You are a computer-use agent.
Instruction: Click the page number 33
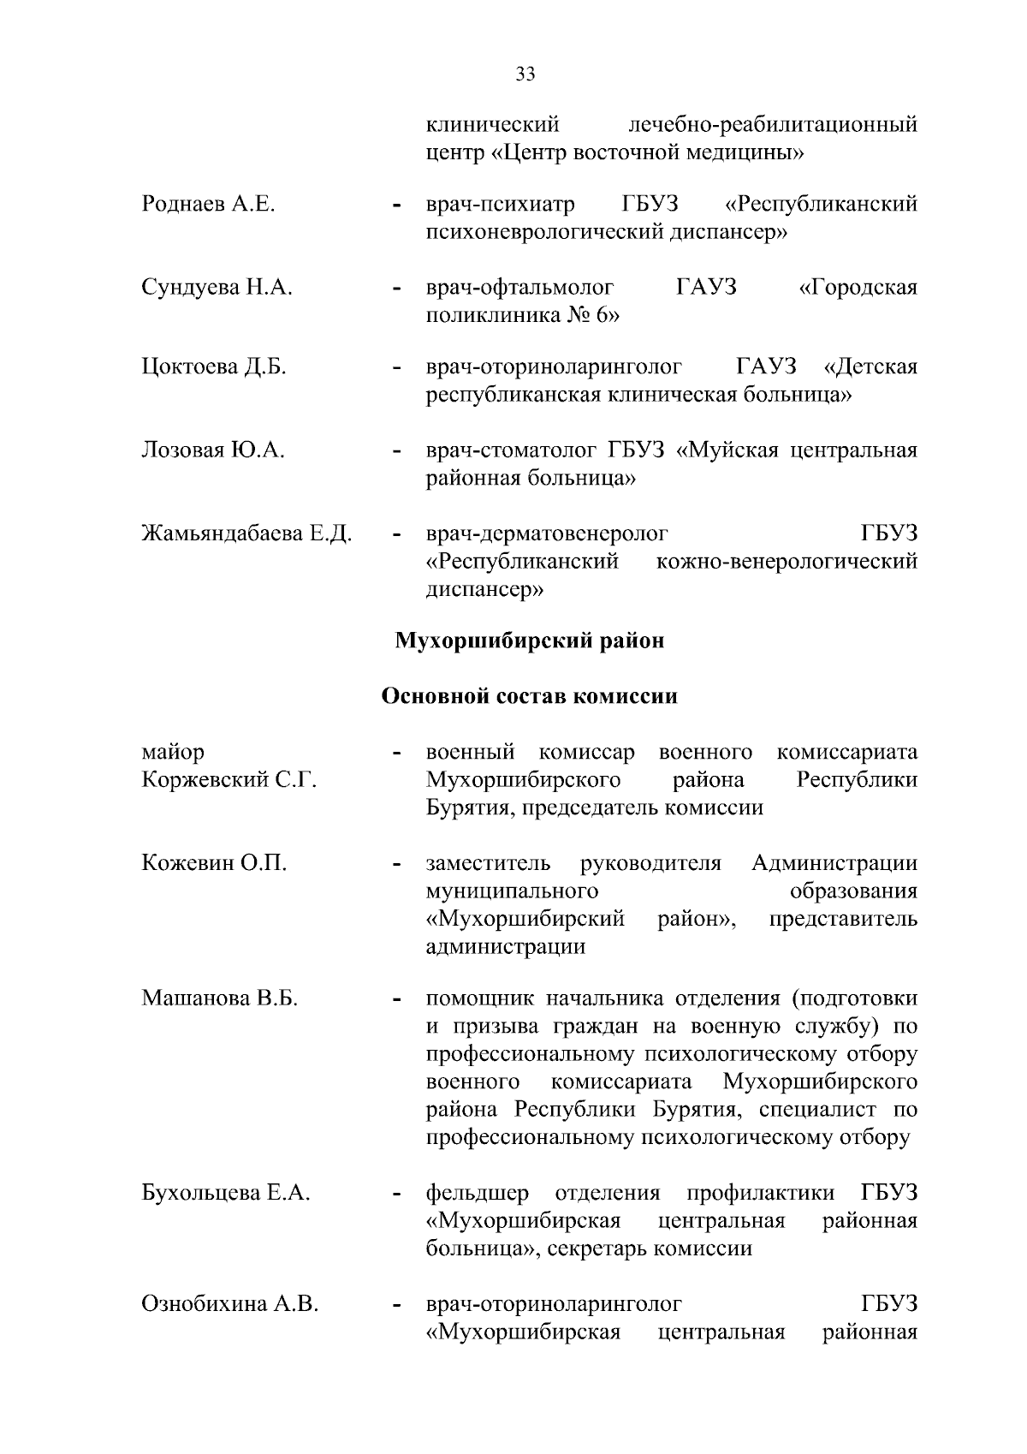525,74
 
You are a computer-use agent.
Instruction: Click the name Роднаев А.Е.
208,205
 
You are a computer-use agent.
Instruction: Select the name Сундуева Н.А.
217,288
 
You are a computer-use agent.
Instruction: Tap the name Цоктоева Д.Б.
214,367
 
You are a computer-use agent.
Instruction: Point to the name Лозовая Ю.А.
213,450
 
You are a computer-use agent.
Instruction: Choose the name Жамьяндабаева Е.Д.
246,533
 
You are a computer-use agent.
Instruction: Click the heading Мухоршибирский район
529,641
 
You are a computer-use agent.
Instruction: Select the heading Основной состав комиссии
529,696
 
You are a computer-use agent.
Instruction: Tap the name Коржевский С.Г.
229,780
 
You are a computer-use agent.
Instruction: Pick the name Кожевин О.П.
214,863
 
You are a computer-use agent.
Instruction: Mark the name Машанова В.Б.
219,998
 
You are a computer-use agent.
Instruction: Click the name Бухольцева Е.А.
226,1193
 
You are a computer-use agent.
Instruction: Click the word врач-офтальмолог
520,288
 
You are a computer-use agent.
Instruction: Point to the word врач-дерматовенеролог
547,534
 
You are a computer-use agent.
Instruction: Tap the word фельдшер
478,1193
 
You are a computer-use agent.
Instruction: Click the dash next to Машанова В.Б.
395,999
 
